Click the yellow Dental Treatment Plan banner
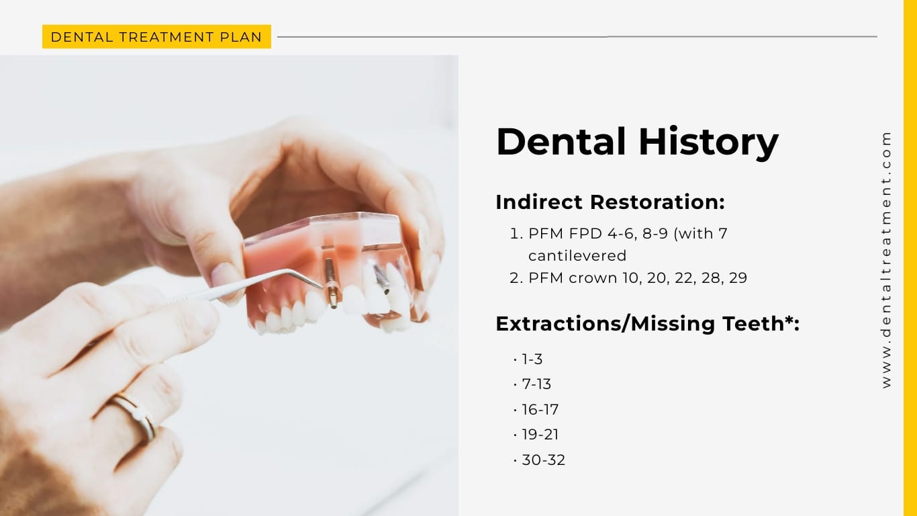click(x=156, y=37)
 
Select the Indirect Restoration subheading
click(x=610, y=202)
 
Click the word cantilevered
click(x=577, y=256)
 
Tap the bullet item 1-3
click(x=532, y=359)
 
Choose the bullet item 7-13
click(x=536, y=384)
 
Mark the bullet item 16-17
click(x=540, y=410)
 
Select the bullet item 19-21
click(x=540, y=435)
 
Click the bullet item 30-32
click(x=543, y=460)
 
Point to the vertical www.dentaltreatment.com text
click(x=887, y=259)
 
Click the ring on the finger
click(x=137, y=416)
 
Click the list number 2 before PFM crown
click(x=515, y=278)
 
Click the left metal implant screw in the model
click(x=331, y=282)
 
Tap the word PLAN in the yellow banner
click(x=244, y=37)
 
